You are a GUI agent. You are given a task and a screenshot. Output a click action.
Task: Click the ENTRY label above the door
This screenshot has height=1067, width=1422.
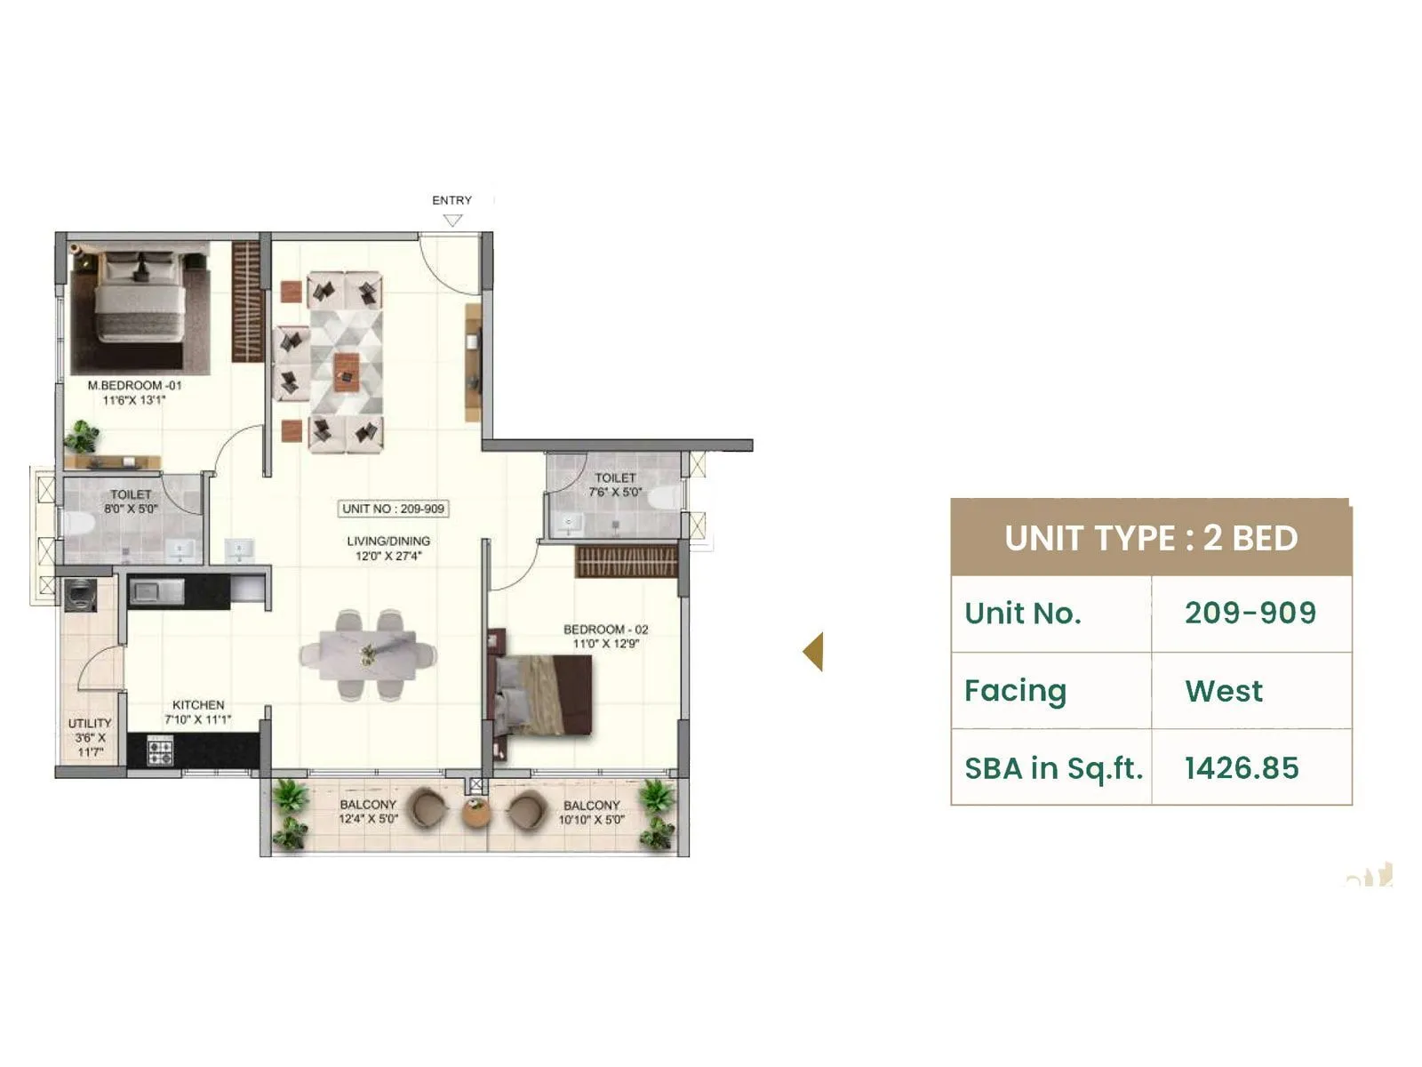coord(451,200)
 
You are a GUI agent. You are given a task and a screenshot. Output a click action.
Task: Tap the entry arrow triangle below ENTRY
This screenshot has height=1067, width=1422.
coord(452,221)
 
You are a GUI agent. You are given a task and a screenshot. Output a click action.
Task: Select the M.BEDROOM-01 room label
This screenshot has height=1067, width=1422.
coord(134,386)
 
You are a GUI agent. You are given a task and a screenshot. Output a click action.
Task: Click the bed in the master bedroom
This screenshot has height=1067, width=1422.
coord(140,298)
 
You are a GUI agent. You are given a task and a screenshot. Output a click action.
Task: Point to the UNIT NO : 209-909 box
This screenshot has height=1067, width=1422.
coord(393,509)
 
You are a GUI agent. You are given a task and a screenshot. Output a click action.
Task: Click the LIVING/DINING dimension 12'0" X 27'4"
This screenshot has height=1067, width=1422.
coord(388,557)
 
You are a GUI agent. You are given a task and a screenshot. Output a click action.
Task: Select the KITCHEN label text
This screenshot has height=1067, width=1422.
coord(198,704)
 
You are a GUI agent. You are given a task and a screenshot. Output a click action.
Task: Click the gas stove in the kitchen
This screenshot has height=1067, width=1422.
coord(161,751)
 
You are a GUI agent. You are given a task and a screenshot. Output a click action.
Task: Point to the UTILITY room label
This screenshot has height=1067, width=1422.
coord(90,723)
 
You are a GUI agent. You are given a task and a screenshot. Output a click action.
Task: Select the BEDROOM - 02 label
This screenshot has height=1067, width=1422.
coord(605,629)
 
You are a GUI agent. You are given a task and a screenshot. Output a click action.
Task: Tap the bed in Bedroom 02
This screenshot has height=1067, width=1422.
coord(541,694)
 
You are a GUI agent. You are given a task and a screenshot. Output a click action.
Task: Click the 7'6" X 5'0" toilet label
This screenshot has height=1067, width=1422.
coord(614,492)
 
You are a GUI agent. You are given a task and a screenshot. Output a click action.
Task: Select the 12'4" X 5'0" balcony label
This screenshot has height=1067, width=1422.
coord(368,819)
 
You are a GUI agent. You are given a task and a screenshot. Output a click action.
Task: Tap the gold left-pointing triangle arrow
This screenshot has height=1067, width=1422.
coord(813,652)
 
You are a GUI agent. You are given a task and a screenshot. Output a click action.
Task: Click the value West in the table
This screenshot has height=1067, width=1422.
coord(1223,691)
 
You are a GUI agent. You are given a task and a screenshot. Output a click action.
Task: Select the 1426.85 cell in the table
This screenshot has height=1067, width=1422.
coord(1241,768)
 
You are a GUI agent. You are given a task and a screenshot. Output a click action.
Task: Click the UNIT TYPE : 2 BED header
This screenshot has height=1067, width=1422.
coord(1151,538)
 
